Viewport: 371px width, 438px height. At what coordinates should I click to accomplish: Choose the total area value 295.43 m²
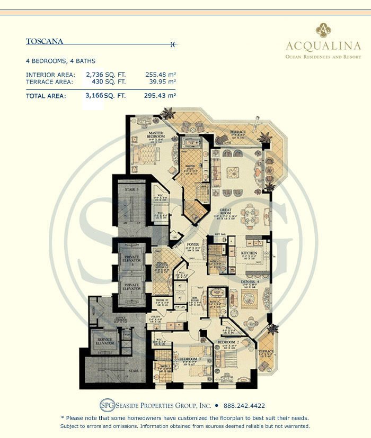coord(160,96)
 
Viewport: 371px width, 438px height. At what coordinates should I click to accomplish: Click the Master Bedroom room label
coord(157,136)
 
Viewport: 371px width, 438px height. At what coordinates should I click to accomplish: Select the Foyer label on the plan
coord(193,244)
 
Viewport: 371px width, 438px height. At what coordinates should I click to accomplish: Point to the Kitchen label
coord(249,253)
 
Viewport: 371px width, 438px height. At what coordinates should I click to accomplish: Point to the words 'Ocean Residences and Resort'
coord(323,56)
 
